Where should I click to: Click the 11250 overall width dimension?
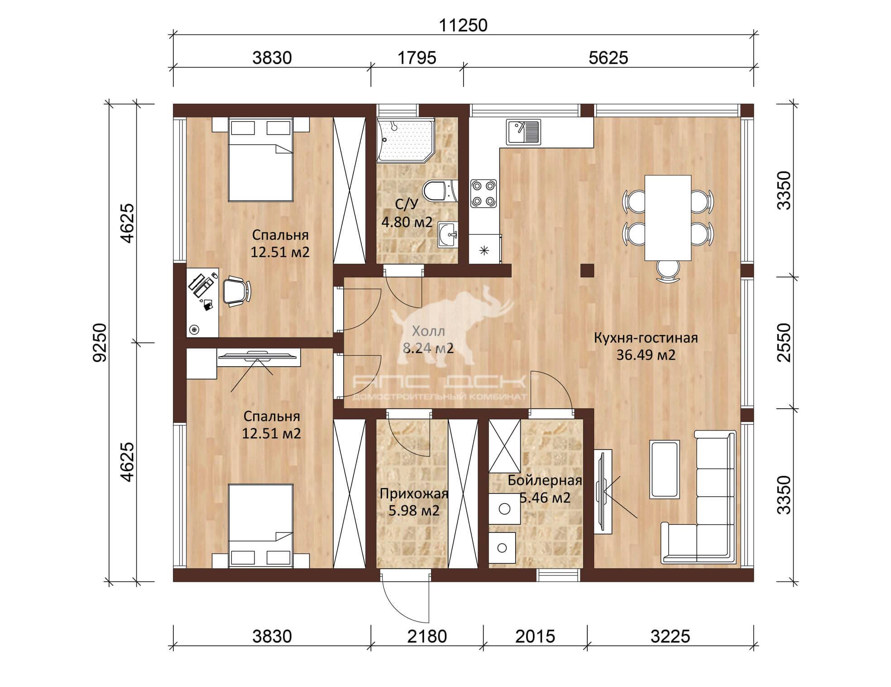tap(463, 25)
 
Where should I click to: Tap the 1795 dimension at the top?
tap(417, 58)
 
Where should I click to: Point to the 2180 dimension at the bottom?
tap(427, 636)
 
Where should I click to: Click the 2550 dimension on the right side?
tap(783, 342)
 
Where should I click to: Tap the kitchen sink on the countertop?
tap(523, 132)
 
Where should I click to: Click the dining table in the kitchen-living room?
tap(668, 218)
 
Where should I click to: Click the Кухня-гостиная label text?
tap(646, 338)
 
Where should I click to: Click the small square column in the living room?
tap(587, 271)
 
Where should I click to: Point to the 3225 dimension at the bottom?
tap(670, 636)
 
